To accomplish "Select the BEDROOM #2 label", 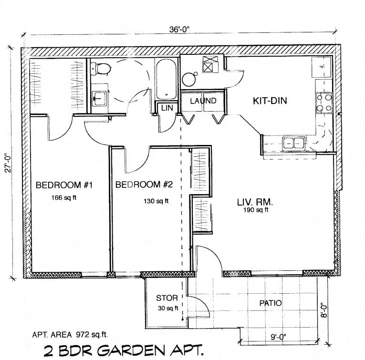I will (144, 185).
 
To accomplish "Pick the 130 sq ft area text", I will (156, 201).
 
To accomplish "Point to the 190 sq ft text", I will (256, 210).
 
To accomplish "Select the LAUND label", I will (203, 101).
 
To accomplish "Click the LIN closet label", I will (167, 108).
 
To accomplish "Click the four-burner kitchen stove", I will (323, 103).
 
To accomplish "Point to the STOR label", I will (167, 298).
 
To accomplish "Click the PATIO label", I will (270, 303).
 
